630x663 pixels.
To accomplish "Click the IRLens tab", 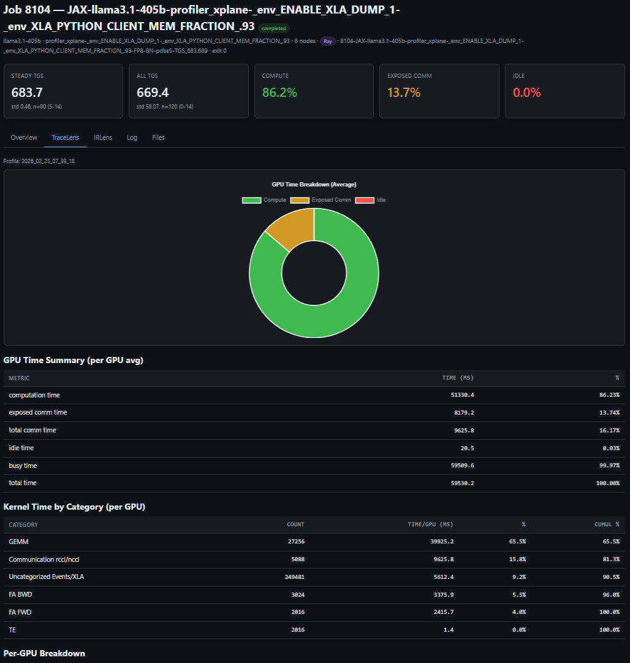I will click(103, 137).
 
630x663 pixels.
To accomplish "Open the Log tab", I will click(132, 137).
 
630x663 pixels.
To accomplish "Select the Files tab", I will click(158, 137).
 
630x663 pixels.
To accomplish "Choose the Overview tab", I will click(24, 137).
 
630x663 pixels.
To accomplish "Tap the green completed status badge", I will click(273, 28).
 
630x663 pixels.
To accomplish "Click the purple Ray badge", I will click(328, 42).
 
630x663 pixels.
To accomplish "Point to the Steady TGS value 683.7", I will click(27, 93).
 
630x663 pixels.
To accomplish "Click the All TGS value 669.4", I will click(153, 93).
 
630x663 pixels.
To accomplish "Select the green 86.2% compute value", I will click(279, 93).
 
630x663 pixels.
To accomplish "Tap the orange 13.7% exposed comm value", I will click(404, 93).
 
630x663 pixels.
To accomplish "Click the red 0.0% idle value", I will click(526, 93).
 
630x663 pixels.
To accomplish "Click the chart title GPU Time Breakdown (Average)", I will click(314, 184).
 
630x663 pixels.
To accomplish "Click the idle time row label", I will click(21, 448).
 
